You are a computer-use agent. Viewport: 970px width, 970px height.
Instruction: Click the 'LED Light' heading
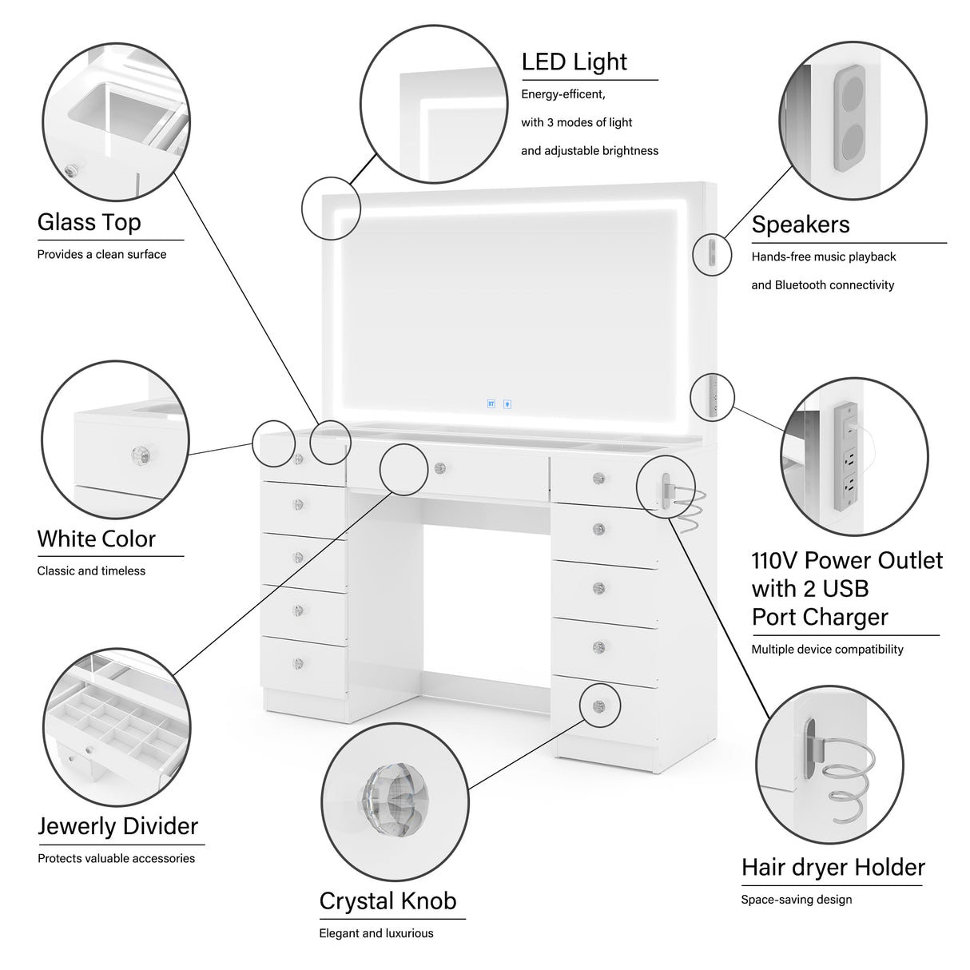[574, 62]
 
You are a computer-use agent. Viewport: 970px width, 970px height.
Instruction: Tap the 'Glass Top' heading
[89, 222]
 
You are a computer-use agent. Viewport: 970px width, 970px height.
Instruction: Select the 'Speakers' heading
[800, 225]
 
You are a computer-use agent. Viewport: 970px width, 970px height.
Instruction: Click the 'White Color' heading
[96, 539]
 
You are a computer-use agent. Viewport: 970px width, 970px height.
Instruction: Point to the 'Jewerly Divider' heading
[117, 826]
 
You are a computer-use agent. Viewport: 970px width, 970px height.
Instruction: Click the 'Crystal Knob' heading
[388, 900]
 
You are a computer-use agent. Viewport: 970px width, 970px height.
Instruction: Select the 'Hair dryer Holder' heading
[833, 867]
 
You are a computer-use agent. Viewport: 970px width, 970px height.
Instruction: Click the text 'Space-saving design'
[796, 900]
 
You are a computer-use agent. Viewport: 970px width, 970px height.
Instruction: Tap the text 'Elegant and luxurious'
[376, 933]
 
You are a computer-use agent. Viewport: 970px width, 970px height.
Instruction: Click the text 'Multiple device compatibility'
[827, 650]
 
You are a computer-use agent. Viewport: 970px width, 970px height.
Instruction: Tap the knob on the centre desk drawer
[439, 467]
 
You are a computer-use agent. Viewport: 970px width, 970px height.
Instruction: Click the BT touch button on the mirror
[491, 404]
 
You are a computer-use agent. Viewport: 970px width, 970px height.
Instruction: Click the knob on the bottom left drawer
[298, 663]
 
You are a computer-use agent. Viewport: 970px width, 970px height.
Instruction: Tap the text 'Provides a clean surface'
[101, 255]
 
